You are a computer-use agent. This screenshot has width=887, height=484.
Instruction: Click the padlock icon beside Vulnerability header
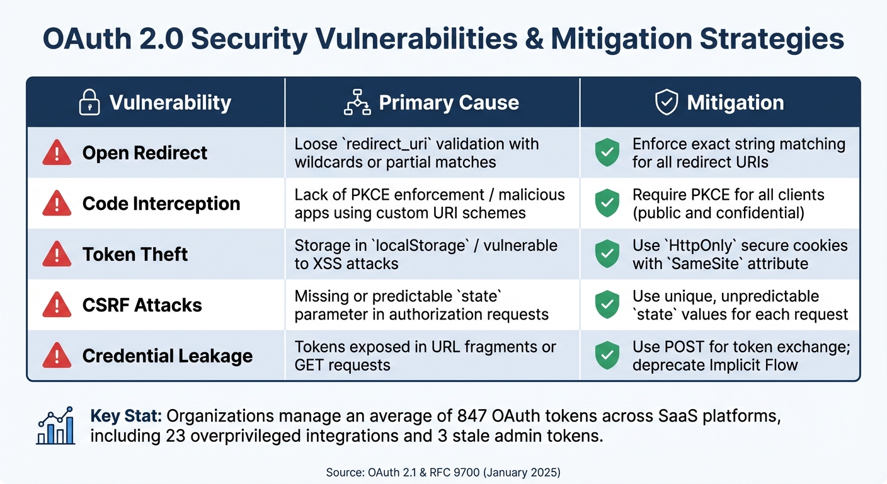pyautogui.click(x=89, y=102)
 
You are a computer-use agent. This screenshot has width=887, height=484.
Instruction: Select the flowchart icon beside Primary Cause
pyautogui.click(x=357, y=103)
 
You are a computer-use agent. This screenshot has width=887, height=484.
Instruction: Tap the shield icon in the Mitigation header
pyautogui.click(x=667, y=102)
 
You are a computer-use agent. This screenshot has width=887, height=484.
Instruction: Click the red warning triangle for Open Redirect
pyautogui.click(x=57, y=153)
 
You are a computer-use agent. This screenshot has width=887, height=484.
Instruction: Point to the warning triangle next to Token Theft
pyautogui.click(x=57, y=255)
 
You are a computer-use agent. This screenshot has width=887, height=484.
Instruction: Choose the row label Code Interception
pyautogui.click(x=161, y=204)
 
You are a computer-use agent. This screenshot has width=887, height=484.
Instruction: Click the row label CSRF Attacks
pyautogui.click(x=142, y=305)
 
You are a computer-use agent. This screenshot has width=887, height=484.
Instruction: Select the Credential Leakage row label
pyautogui.click(x=168, y=355)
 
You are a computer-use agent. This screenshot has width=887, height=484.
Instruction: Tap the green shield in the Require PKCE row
pyautogui.click(x=607, y=204)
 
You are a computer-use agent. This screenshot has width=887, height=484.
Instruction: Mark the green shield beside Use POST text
pyautogui.click(x=607, y=355)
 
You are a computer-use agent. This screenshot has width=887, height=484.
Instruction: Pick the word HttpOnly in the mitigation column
pyautogui.click(x=695, y=245)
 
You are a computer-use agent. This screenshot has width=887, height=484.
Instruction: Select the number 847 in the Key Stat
pyautogui.click(x=469, y=417)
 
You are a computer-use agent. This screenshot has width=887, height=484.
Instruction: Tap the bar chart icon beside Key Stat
pyautogui.click(x=55, y=427)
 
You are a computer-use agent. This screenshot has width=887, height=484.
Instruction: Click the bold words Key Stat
pyautogui.click(x=126, y=417)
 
